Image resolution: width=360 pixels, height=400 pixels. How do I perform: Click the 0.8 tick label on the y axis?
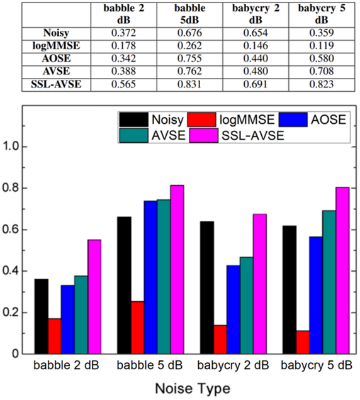[21, 188]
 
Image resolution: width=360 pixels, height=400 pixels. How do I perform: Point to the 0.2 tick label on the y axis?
[21, 313]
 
